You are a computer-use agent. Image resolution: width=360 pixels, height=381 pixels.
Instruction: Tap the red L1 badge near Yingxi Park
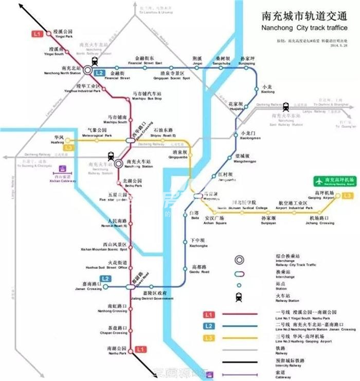[x=37, y=34]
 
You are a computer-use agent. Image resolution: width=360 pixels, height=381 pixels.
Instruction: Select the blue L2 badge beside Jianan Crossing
[x=106, y=279]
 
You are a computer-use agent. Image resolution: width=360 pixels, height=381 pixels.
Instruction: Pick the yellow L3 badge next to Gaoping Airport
[x=349, y=195]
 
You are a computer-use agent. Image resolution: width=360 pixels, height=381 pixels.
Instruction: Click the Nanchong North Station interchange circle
[x=89, y=69]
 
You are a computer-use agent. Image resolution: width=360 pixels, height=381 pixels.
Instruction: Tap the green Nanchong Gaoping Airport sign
[x=335, y=182]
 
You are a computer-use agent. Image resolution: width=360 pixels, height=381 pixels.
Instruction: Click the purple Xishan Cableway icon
[x=63, y=169]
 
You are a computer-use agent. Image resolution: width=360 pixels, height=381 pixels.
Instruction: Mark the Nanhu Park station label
[x=116, y=351]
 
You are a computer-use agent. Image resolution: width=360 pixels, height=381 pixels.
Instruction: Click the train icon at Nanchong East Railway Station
[x=285, y=106]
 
